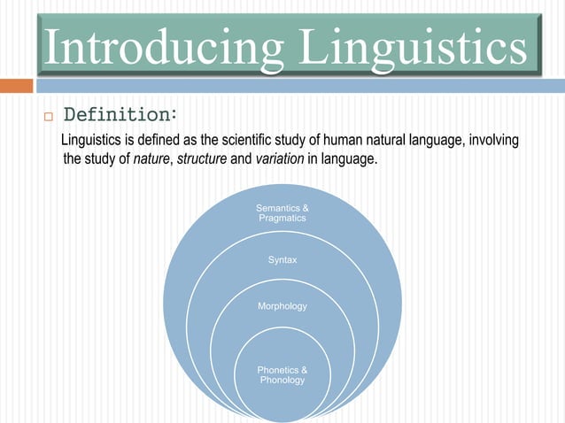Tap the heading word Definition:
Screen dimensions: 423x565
[x=121, y=115]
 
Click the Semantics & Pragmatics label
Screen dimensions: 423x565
[x=282, y=212]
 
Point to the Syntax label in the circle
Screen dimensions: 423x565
[x=282, y=260]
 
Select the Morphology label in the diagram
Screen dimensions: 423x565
[x=282, y=306]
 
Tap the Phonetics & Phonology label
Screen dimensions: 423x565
[x=282, y=374]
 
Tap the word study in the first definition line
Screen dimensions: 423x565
[x=285, y=142]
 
